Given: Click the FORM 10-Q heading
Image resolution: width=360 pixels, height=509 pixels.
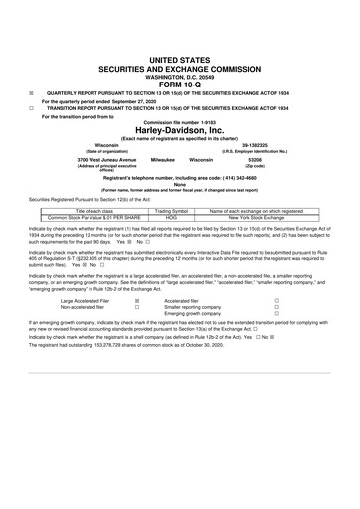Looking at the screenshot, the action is (180, 55).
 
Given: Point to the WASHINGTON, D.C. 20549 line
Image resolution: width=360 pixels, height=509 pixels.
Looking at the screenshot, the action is (180, 46).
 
